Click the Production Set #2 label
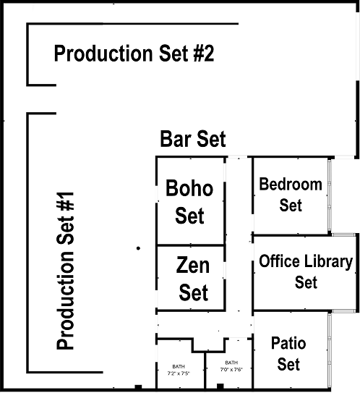coord(134,54)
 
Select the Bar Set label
coord(193,139)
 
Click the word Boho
coord(189,189)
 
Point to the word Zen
coord(193,266)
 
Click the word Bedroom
coord(291,184)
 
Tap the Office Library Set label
coord(306,271)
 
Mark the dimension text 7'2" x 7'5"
coord(178,373)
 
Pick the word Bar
coord(176,139)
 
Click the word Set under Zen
coord(193,292)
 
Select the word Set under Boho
coord(189,216)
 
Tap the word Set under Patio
coord(289,363)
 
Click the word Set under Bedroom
coord(291,205)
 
